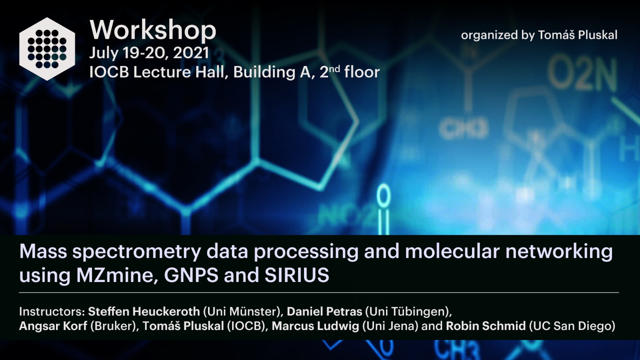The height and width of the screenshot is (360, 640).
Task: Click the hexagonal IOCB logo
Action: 47,49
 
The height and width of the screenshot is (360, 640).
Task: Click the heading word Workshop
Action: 153,31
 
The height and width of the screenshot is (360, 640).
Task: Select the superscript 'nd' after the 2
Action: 334,69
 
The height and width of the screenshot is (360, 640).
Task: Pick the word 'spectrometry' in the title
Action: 137,252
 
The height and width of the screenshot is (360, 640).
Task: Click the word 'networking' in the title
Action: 559,252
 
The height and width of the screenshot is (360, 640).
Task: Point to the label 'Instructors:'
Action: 52,311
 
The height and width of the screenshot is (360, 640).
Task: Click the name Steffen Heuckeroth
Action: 144,311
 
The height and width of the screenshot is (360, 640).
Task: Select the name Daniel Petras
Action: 324,311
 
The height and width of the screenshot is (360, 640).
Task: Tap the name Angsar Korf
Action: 53,326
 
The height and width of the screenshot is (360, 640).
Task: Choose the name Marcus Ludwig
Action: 316,326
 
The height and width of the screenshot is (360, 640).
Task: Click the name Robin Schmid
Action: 486,326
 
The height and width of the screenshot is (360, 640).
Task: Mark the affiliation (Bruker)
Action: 113,326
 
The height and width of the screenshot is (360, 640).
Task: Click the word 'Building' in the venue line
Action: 264,72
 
